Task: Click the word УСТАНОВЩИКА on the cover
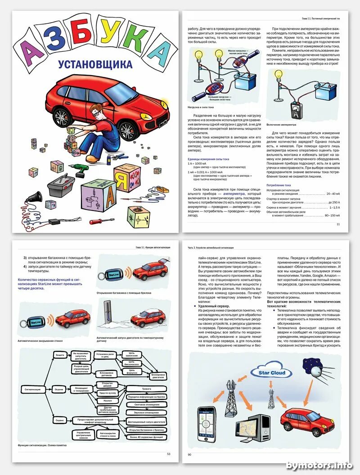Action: click(95, 64)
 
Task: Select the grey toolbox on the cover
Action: click(62, 185)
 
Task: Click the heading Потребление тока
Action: click(279, 185)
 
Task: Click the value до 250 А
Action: click(333, 203)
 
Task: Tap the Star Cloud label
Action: click(272, 372)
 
